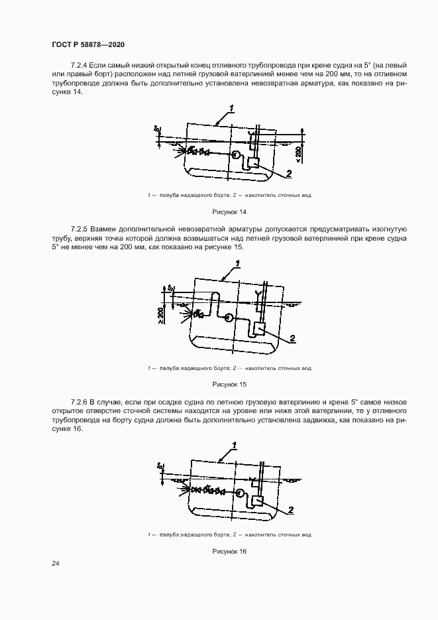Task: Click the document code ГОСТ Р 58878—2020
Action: tap(88, 44)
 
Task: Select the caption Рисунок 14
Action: tap(229, 212)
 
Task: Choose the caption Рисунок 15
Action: tap(229, 384)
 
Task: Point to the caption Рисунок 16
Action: tap(229, 551)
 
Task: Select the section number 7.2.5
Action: tap(78, 237)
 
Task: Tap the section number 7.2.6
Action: tap(78, 403)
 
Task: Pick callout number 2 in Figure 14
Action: tap(289, 174)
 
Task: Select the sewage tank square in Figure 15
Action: tap(260, 328)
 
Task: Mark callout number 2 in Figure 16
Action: tap(290, 510)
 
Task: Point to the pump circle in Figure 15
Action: tap(228, 317)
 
